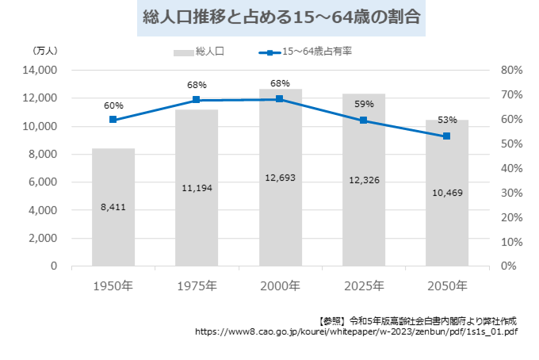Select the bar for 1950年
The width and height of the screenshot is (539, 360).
(113, 208)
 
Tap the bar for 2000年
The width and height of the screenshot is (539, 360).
(280, 178)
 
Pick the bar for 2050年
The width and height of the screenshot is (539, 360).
(446, 193)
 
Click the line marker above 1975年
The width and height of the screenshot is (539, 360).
(197, 100)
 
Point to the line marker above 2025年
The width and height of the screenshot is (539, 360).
(363, 121)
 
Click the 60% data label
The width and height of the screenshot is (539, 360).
(113, 105)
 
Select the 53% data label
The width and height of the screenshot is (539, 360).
(447, 120)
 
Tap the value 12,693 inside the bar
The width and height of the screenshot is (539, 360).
(280, 178)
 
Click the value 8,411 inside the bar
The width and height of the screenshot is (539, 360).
(113, 207)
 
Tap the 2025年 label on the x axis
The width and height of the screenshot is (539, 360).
(363, 285)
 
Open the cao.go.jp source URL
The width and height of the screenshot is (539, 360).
(357, 332)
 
